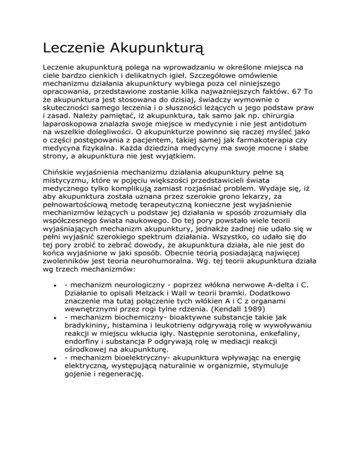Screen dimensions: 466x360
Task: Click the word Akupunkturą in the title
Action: click(x=157, y=48)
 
